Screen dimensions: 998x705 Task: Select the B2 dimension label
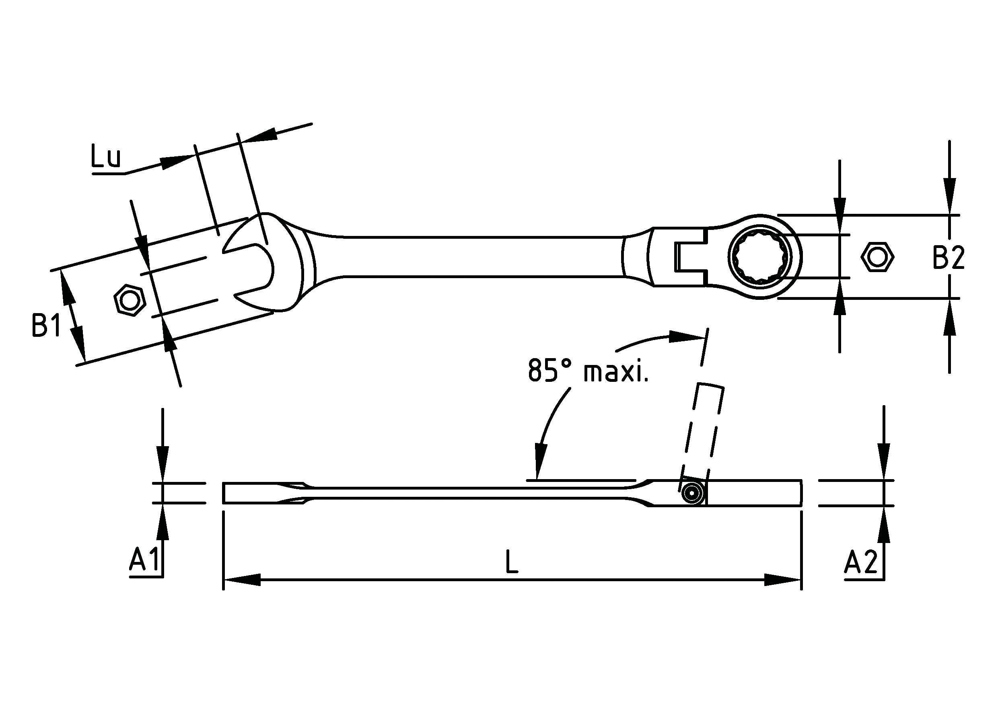click(x=949, y=258)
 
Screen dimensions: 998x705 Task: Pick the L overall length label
click(x=512, y=561)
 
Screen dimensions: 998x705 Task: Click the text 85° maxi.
click(x=588, y=371)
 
